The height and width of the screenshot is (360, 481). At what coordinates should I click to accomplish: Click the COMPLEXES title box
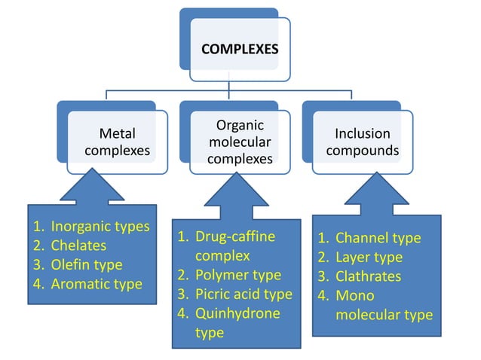click(x=240, y=50)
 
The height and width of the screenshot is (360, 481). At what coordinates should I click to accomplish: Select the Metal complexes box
click(x=117, y=142)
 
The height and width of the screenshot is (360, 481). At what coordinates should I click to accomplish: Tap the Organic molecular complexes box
click(x=240, y=141)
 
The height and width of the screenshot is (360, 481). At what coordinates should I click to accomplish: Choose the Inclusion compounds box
click(x=363, y=142)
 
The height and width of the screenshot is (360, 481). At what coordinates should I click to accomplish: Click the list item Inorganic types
click(x=100, y=226)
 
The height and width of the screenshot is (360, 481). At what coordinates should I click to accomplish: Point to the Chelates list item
click(x=78, y=246)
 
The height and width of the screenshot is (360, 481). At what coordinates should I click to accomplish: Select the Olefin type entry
click(x=86, y=265)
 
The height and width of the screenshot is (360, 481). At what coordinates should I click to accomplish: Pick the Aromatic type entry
click(x=96, y=285)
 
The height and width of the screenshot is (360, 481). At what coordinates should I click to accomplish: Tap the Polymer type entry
click(x=237, y=275)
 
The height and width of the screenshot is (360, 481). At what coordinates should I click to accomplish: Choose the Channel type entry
click(x=378, y=238)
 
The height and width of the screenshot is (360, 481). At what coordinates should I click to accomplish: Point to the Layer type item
click(x=369, y=258)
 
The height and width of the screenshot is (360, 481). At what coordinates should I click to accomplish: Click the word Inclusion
click(x=363, y=133)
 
